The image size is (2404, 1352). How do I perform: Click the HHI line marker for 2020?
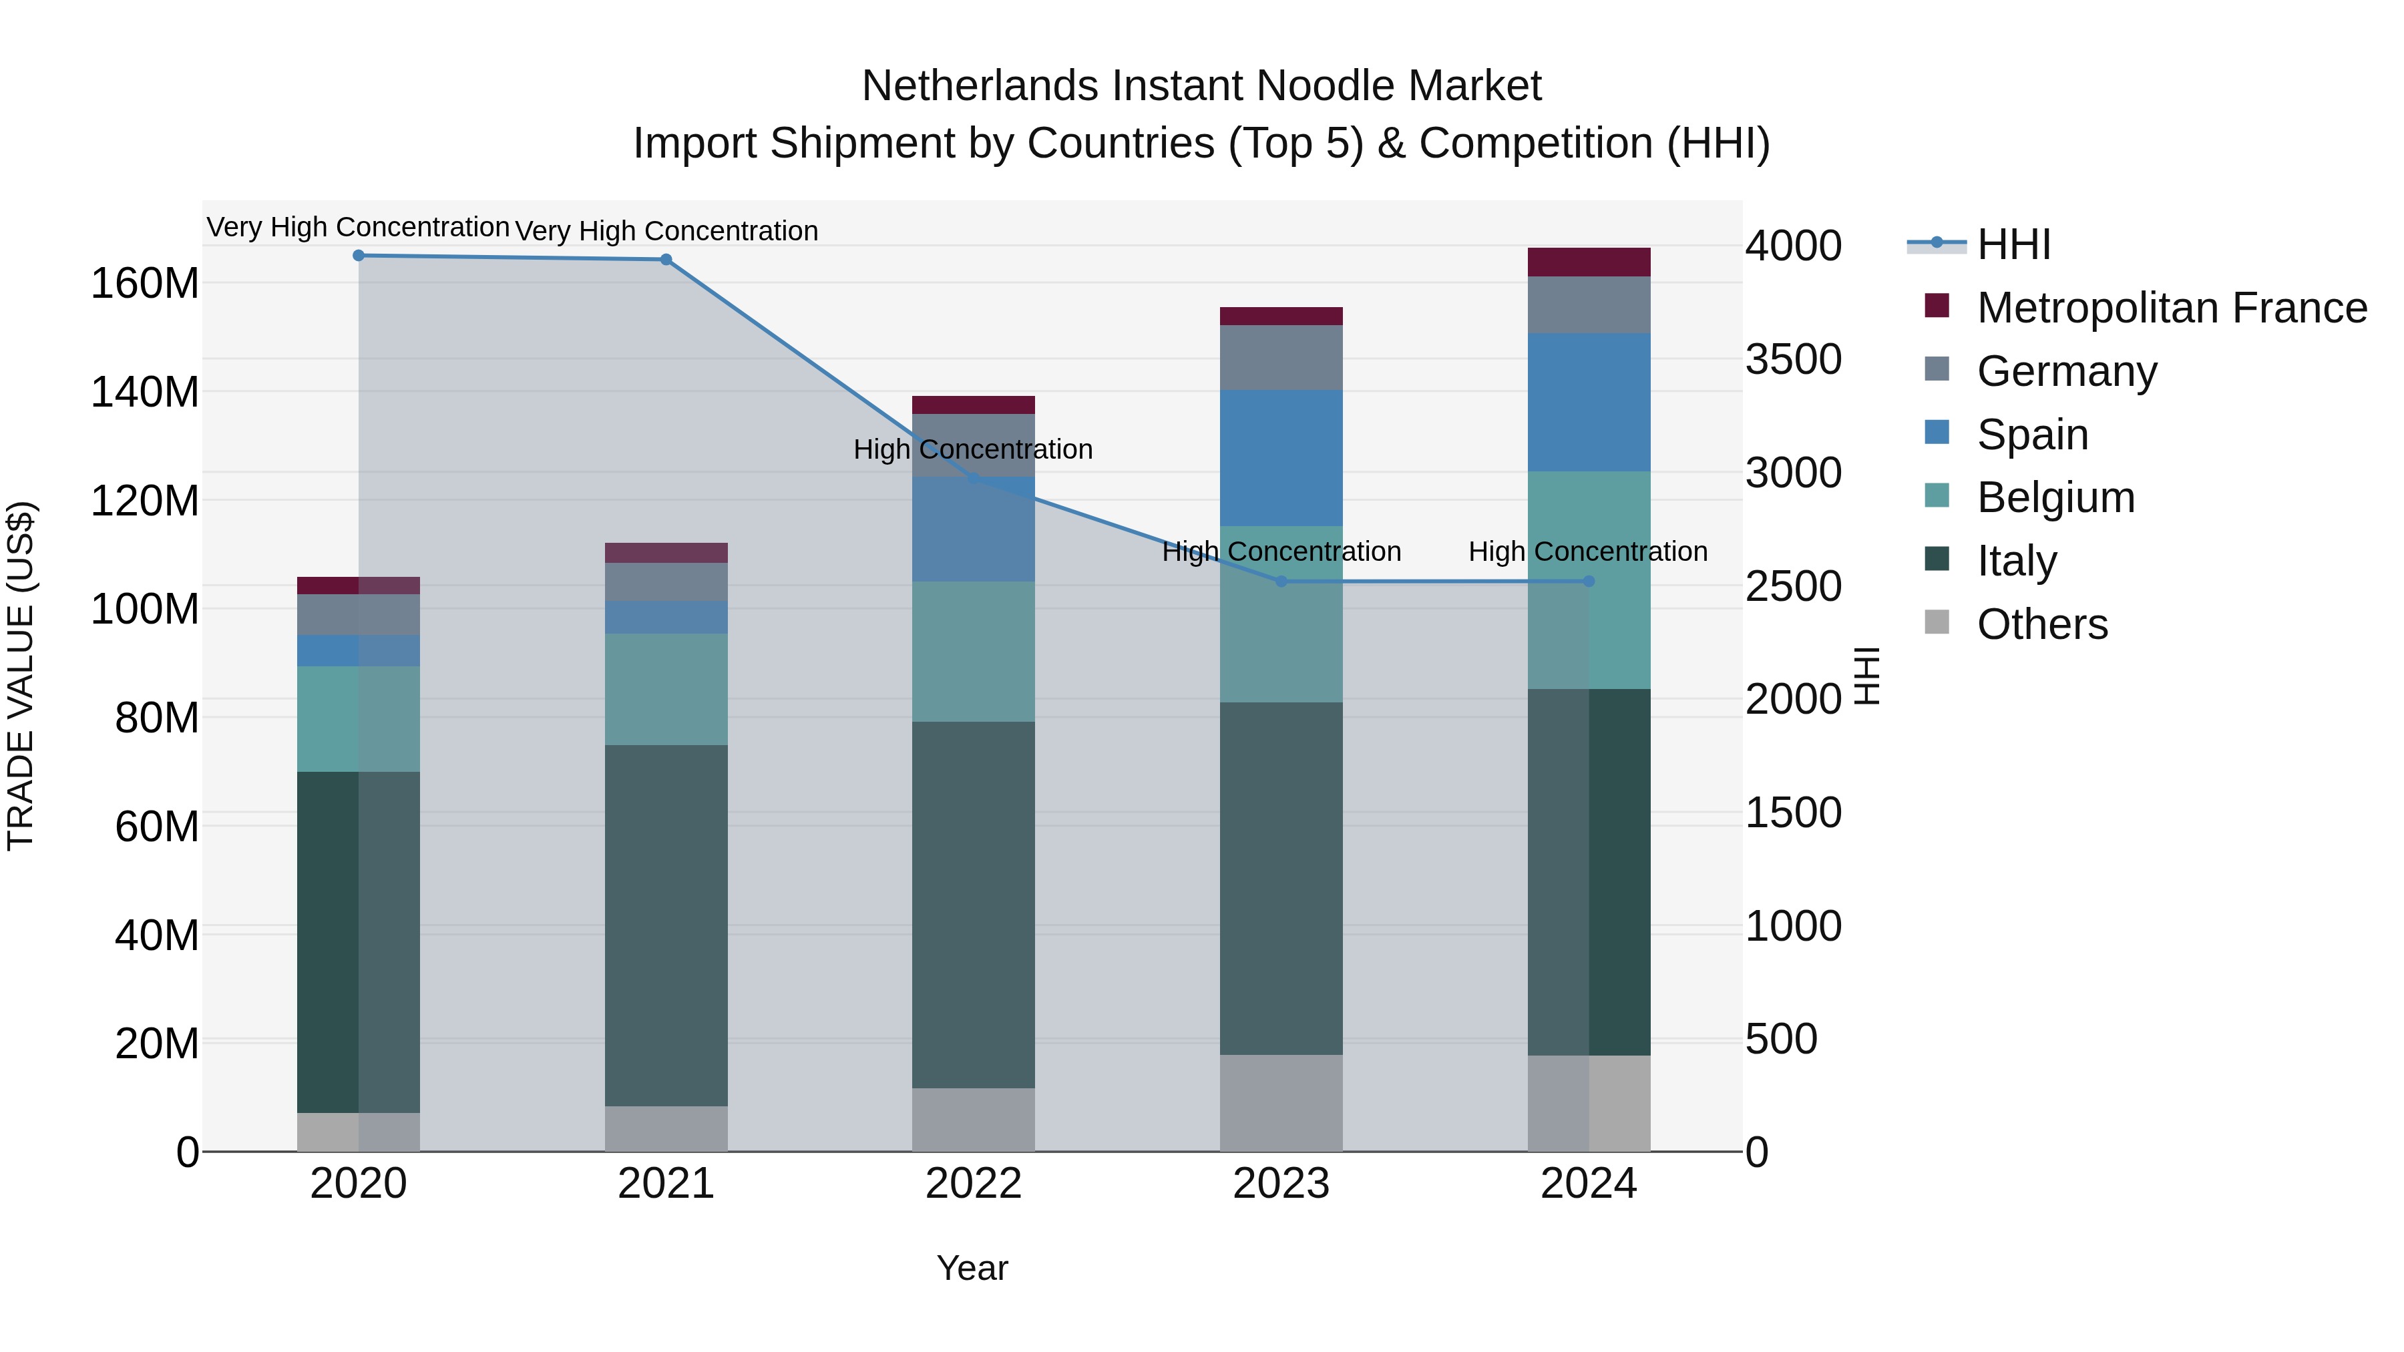coord(359,256)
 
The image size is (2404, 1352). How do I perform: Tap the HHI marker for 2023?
coord(1281,582)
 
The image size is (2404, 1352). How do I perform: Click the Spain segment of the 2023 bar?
coord(1281,457)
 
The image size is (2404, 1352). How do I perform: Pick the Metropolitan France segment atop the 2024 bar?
coord(1589,262)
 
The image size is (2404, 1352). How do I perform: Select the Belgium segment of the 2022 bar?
coord(974,651)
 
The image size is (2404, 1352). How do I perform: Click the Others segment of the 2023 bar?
coord(1281,1103)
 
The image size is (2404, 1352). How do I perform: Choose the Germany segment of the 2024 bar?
coord(1589,305)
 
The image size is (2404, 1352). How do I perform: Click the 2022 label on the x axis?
coord(974,1184)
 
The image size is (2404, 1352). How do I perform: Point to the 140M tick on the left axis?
coord(145,392)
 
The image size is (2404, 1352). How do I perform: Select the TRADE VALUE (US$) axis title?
coord(21,676)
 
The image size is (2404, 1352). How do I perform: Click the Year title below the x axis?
coord(972,1268)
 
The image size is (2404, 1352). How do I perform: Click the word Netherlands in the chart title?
coord(979,86)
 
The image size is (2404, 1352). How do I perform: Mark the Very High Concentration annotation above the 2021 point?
coord(666,230)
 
